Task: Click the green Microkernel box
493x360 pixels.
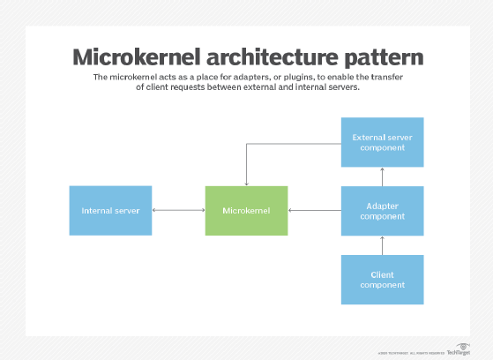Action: click(x=246, y=210)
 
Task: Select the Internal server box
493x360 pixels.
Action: click(x=110, y=210)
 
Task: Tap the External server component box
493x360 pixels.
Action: click(x=382, y=142)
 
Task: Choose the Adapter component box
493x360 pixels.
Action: click(x=382, y=210)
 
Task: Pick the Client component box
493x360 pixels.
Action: click(x=382, y=279)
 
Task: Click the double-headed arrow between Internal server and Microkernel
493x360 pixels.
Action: click(x=178, y=210)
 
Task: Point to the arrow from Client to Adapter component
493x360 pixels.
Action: click(x=382, y=244)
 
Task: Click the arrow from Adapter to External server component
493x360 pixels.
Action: click(x=382, y=176)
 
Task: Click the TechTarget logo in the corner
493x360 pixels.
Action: click(x=459, y=349)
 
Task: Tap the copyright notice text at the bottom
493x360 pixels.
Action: click(x=413, y=351)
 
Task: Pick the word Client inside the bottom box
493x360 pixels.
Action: click(x=382, y=274)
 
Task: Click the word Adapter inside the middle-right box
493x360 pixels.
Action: click(x=382, y=205)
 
